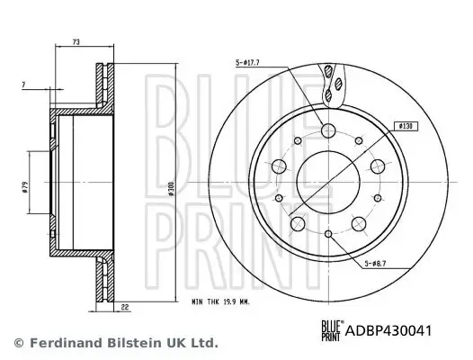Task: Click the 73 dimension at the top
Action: (x=76, y=41)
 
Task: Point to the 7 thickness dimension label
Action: (x=24, y=84)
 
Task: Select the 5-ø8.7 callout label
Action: (x=378, y=263)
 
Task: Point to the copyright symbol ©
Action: (x=19, y=343)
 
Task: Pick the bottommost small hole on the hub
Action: (x=329, y=235)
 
